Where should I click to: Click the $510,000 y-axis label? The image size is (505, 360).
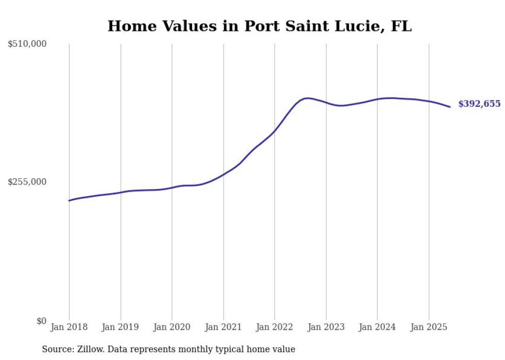[27, 44]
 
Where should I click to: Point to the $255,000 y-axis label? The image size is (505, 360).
[27, 182]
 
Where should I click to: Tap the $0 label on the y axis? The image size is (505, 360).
[41, 321]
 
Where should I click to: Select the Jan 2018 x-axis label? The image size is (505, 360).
[69, 327]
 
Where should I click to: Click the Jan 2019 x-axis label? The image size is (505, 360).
[120, 327]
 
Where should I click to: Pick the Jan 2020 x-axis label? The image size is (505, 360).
[172, 327]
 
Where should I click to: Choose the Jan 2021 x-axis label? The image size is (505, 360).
[223, 327]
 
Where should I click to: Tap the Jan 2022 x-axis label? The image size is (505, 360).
[274, 327]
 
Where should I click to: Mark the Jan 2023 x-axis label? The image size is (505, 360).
[326, 327]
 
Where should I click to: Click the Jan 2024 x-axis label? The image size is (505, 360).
[377, 327]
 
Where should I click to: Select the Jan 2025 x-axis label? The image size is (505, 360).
[428, 327]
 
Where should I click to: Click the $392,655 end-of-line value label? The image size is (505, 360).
[479, 104]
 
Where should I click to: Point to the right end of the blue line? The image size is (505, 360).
[450, 107]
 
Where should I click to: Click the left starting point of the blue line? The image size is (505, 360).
[69, 200]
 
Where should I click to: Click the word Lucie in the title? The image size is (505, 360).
[357, 27]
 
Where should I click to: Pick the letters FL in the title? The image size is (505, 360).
[401, 27]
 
